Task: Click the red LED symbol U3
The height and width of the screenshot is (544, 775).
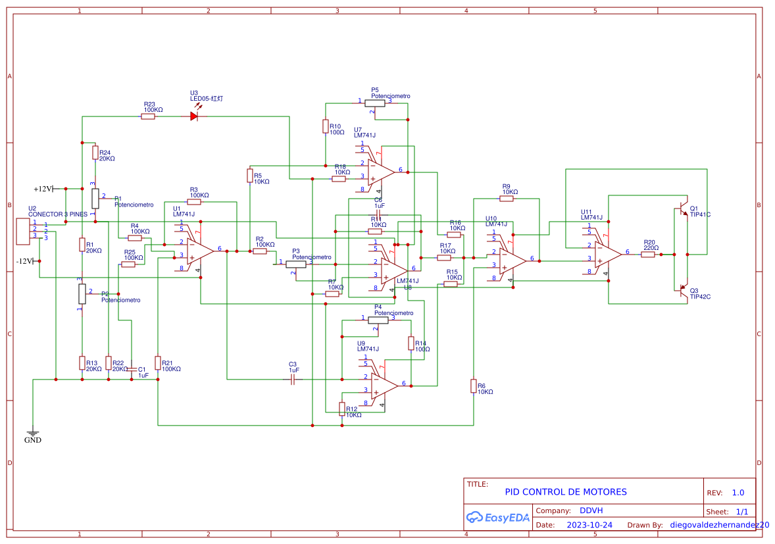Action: point(194,116)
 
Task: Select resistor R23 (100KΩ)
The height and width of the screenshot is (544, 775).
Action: point(148,116)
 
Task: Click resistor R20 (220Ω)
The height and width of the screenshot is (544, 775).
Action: point(648,255)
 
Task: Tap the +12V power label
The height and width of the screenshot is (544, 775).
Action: point(43,189)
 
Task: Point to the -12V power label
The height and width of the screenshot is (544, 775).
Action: point(24,261)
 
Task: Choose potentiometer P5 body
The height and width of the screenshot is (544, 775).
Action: point(375,103)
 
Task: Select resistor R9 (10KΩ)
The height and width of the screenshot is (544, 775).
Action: point(506,198)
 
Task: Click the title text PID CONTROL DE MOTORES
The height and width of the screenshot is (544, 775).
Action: point(565,492)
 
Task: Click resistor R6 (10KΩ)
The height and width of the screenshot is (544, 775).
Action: point(473,386)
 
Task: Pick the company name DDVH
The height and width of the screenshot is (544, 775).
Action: point(591,510)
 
